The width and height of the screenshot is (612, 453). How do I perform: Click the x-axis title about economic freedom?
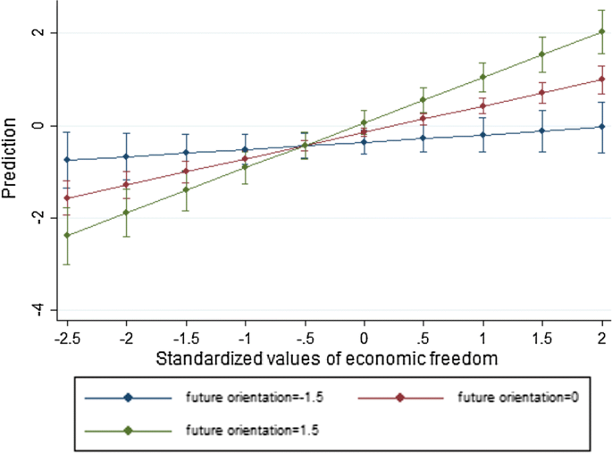334,357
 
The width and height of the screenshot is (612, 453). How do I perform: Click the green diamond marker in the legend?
128,430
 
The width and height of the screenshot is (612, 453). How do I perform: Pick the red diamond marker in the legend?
399,398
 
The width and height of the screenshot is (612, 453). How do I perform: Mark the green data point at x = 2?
602,32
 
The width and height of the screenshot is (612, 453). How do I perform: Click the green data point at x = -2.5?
66,236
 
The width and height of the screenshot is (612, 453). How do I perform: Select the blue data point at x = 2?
602,127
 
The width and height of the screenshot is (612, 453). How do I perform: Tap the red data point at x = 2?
602,80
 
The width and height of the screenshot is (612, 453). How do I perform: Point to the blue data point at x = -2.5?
66,160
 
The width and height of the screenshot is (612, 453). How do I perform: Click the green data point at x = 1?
483,77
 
